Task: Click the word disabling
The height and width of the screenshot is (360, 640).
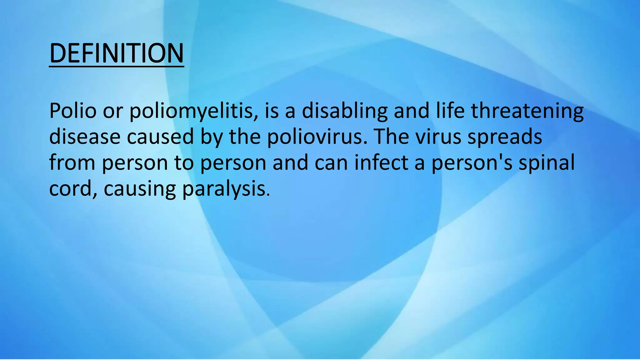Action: (x=345, y=111)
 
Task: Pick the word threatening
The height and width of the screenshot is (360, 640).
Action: (x=527, y=111)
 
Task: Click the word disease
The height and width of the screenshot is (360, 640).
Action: (x=85, y=137)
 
